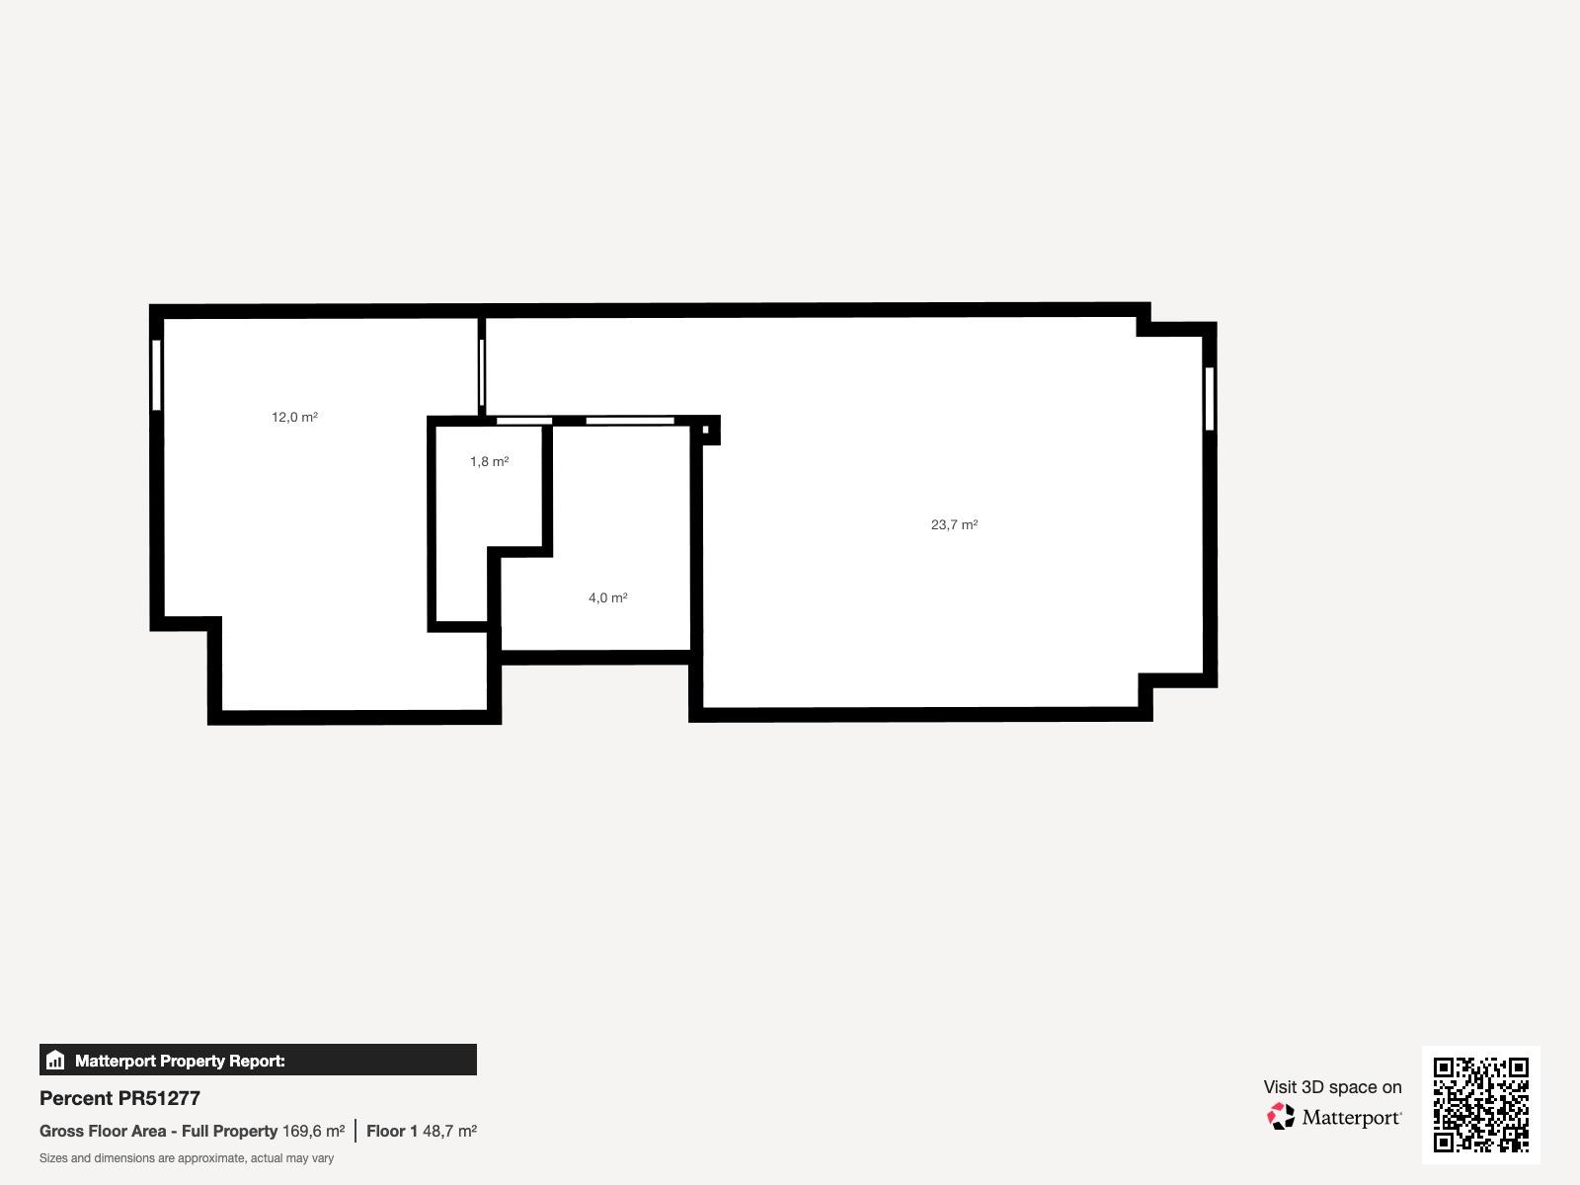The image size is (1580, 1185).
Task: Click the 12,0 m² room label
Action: click(x=294, y=418)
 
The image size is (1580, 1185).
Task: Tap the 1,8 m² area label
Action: click(x=490, y=461)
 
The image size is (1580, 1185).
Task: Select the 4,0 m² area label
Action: click(x=608, y=597)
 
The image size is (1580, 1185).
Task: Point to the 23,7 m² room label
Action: click(x=955, y=524)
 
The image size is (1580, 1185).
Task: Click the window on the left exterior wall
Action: click(x=156, y=375)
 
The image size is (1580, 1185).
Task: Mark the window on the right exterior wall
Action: click(x=1210, y=399)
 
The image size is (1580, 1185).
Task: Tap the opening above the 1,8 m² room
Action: click(x=524, y=421)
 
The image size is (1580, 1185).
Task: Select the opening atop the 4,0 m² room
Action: click(x=630, y=421)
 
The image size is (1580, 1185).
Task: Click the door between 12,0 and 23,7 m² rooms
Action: click(x=482, y=372)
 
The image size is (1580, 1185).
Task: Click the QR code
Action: click(x=1480, y=1105)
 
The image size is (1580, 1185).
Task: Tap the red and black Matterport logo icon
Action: click(x=1281, y=1117)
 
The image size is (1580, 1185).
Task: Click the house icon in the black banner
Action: click(x=55, y=1060)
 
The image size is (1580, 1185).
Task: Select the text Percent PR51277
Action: click(x=119, y=1099)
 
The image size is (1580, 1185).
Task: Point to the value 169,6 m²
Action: click(x=313, y=1131)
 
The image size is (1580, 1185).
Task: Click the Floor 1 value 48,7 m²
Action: click(x=450, y=1131)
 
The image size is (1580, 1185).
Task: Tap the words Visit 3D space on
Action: click(x=1332, y=1087)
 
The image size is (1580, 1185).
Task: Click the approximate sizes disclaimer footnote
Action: click(x=187, y=1158)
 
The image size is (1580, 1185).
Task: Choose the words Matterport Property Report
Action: click(x=180, y=1061)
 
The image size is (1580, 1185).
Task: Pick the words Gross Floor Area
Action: click(x=103, y=1131)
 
